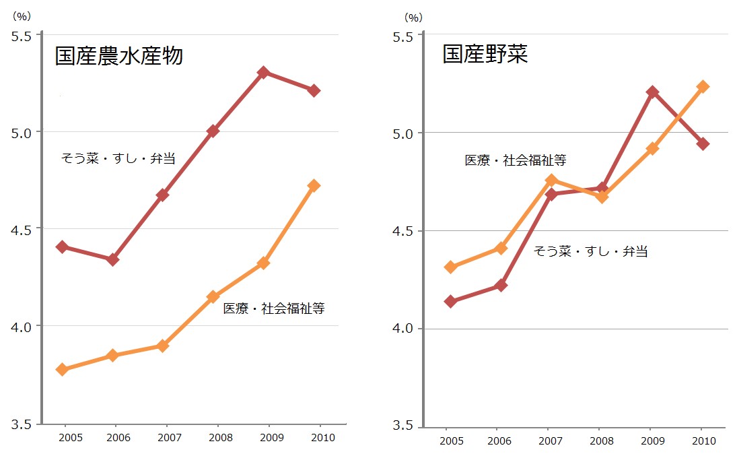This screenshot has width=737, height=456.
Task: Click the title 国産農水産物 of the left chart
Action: click(118, 56)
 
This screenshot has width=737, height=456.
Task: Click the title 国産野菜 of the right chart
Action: click(485, 55)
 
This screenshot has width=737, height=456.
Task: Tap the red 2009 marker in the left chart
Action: click(263, 72)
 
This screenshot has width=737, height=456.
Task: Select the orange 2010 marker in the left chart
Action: click(313, 185)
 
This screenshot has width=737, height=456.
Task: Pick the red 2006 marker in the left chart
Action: click(113, 259)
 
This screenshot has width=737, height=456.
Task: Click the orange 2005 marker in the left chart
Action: click(62, 369)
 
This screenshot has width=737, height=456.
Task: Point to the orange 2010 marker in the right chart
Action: click(703, 86)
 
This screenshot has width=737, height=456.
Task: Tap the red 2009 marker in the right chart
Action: click(652, 92)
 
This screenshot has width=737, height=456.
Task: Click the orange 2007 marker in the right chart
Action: click(551, 180)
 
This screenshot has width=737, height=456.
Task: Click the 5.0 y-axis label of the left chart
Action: click(22, 132)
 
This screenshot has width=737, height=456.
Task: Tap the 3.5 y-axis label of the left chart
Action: click(22, 424)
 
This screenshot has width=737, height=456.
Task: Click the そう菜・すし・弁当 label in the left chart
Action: click(118, 159)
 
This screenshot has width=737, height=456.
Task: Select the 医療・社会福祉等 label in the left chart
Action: click(274, 308)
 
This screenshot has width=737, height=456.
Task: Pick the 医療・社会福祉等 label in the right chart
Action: click(516, 160)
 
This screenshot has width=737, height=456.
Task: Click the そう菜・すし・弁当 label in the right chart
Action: click(590, 252)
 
